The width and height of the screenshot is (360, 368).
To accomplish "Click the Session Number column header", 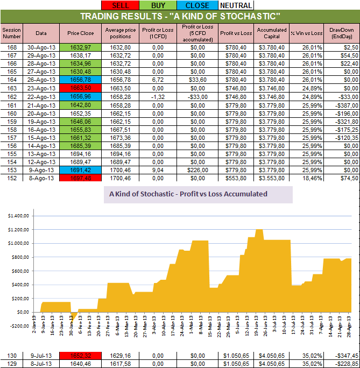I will pyautogui.click(x=11, y=33).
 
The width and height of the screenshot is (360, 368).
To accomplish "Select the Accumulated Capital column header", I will pyautogui.click(x=272, y=33).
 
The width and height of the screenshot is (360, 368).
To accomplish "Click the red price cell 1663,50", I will pyautogui.click(x=81, y=87).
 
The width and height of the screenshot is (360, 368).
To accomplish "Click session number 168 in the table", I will pyautogui.click(x=11, y=47).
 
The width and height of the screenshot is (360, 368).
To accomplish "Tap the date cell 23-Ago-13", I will pyautogui.click(x=41, y=87).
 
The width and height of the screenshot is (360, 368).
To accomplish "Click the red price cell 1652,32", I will pyautogui.click(x=81, y=356).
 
